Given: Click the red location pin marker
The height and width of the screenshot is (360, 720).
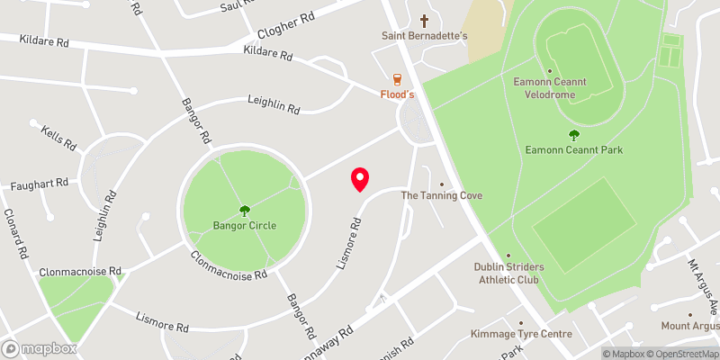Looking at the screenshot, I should pos(360,180).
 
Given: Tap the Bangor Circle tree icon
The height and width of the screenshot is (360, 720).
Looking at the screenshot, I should pos(244,211).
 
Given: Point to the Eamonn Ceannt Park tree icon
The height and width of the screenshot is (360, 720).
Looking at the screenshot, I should pos(574,135).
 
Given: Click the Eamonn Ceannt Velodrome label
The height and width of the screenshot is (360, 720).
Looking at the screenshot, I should pos(550,86).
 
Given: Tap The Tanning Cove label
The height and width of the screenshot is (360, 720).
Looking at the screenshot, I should pos(441,195).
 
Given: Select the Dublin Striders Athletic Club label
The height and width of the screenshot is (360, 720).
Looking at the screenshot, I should pos(507,273).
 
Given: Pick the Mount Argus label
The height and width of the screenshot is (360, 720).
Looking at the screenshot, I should pos(689,326).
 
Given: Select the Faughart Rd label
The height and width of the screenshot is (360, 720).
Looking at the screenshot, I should pos(40,184).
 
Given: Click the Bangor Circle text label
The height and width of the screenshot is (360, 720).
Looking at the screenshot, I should pos(245,225).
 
